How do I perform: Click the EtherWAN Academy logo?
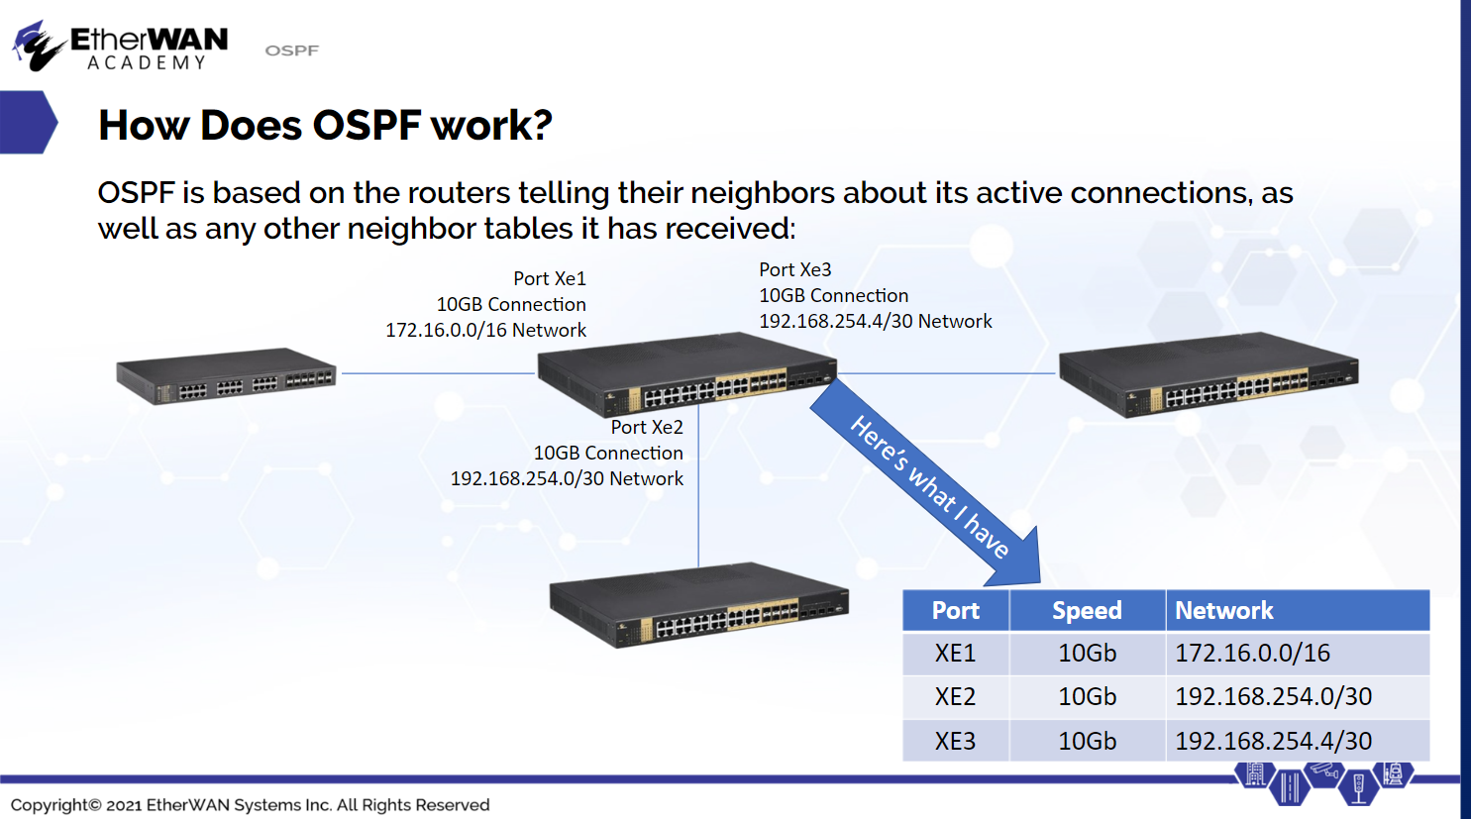pyautogui.click(x=120, y=46)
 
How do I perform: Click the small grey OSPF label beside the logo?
pyautogui.click(x=291, y=51)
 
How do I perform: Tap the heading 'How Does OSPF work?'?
pyautogui.click(x=325, y=125)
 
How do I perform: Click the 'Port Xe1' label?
pyautogui.click(x=549, y=278)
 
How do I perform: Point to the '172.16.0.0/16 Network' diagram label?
pyautogui.click(x=485, y=330)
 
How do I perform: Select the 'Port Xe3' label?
pyautogui.click(x=795, y=269)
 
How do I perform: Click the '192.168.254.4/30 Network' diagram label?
pyautogui.click(x=876, y=321)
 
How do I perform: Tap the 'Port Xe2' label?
pyautogui.click(x=647, y=427)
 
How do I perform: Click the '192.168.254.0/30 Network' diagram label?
pyautogui.click(x=567, y=478)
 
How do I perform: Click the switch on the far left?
pyautogui.click(x=226, y=376)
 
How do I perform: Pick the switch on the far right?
pyautogui.click(x=1208, y=374)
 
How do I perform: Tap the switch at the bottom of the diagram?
pyautogui.click(x=698, y=605)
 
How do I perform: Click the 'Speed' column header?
pyautogui.click(x=1087, y=610)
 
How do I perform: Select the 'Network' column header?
pyautogui.click(x=1298, y=610)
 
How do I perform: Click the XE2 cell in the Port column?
pyautogui.click(x=956, y=697)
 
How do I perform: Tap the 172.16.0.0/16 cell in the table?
pyautogui.click(x=1298, y=653)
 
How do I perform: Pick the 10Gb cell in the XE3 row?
pyautogui.click(x=1087, y=741)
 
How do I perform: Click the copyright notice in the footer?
pyautogui.click(x=251, y=804)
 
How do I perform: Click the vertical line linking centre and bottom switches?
pyautogui.click(x=698, y=486)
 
